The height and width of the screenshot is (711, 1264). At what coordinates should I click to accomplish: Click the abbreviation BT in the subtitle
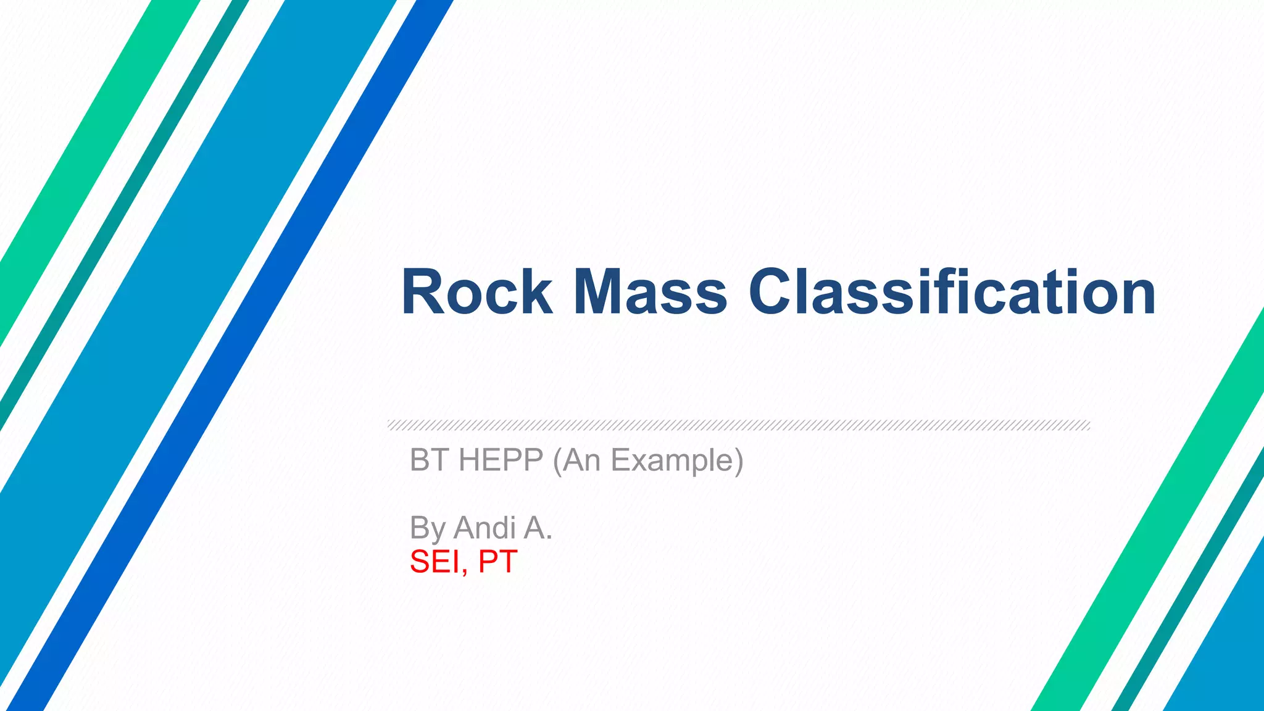tap(429, 460)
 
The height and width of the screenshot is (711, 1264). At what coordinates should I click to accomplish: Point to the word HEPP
tap(501, 460)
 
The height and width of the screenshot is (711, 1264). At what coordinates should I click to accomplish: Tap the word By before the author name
tap(427, 529)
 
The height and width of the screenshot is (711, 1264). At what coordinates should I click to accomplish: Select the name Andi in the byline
tap(485, 528)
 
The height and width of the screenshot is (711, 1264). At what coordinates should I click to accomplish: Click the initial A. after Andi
tap(538, 528)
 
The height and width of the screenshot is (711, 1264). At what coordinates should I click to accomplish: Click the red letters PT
tap(497, 562)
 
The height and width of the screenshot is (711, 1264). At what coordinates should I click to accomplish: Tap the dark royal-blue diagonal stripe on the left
tap(259, 370)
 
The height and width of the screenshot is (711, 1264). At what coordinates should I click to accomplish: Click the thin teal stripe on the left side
tap(123, 216)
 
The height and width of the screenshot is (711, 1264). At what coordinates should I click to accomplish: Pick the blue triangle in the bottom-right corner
tap(1228, 667)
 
